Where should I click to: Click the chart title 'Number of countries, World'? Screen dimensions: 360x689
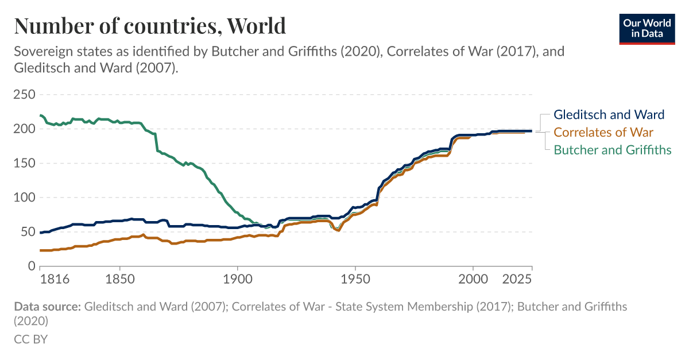(x=149, y=26)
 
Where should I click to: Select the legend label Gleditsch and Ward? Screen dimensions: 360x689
(x=609, y=114)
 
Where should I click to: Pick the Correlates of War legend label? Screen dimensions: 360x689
(x=603, y=132)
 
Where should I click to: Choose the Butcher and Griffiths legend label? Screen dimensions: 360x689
(x=612, y=150)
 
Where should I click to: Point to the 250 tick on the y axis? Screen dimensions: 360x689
(x=25, y=94)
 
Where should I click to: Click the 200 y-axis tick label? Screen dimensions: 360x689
(x=25, y=129)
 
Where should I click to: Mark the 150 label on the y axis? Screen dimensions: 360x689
(x=25, y=163)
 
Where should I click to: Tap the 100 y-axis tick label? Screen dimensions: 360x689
(x=25, y=198)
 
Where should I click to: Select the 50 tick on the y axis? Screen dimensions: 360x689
(x=28, y=232)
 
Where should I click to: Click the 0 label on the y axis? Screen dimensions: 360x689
(x=32, y=266)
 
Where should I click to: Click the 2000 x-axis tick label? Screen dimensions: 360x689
(x=473, y=280)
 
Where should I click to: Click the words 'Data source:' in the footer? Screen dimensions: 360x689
(x=47, y=307)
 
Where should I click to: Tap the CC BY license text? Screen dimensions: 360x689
(x=30, y=339)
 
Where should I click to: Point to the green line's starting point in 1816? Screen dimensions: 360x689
(x=40, y=115)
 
